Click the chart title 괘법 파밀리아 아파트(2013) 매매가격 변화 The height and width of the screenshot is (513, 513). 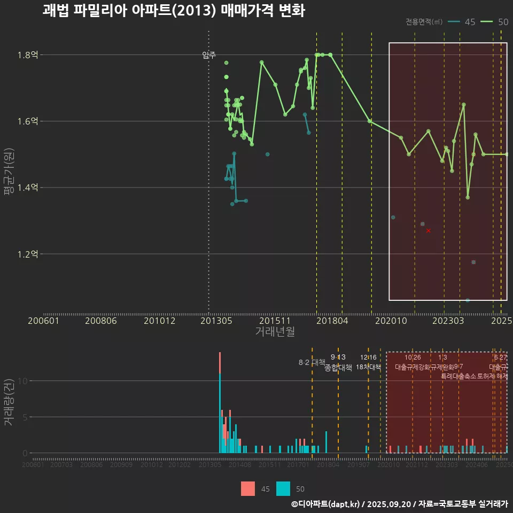tap(174, 11)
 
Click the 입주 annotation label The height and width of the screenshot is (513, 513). tap(209, 55)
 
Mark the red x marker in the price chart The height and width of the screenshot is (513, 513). tap(429, 230)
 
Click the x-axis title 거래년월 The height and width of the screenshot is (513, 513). tap(275, 332)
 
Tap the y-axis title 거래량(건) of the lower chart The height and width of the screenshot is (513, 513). tap(9, 402)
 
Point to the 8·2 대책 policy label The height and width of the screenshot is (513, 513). tap(312, 362)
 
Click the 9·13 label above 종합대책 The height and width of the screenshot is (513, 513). tap(338, 357)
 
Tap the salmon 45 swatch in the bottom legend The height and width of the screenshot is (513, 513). tap(248, 488)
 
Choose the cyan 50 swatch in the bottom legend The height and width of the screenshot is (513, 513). tap(283, 488)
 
